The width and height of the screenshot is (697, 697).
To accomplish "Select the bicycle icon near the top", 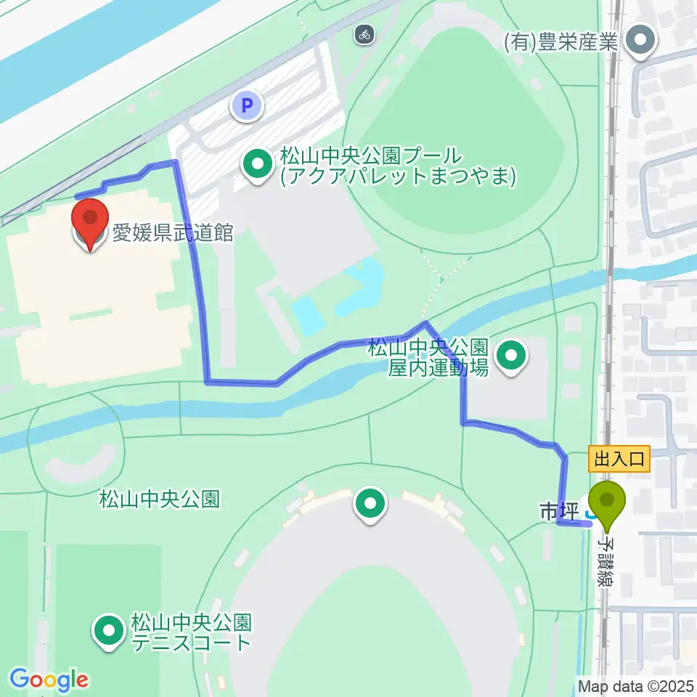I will click(x=364, y=33).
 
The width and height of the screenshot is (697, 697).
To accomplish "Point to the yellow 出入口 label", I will click(x=619, y=459).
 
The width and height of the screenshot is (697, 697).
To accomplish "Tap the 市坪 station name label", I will click(x=558, y=513).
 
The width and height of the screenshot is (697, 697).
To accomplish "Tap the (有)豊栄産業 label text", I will click(x=561, y=42).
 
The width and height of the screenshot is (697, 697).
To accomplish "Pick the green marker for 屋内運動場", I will click(x=511, y=356).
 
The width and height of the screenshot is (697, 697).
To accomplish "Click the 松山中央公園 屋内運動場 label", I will click(x=427, y=357).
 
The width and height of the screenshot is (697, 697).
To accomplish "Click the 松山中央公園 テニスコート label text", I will click(x=191, y=632).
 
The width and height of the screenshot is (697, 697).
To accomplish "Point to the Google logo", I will click(x=49, y=680).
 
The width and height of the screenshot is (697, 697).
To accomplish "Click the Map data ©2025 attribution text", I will click(x=636, y=685).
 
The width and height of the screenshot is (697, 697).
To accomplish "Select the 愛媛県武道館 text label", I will click(x=172, y=233).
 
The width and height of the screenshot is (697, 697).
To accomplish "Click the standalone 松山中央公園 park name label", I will click(x=159, y=500).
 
